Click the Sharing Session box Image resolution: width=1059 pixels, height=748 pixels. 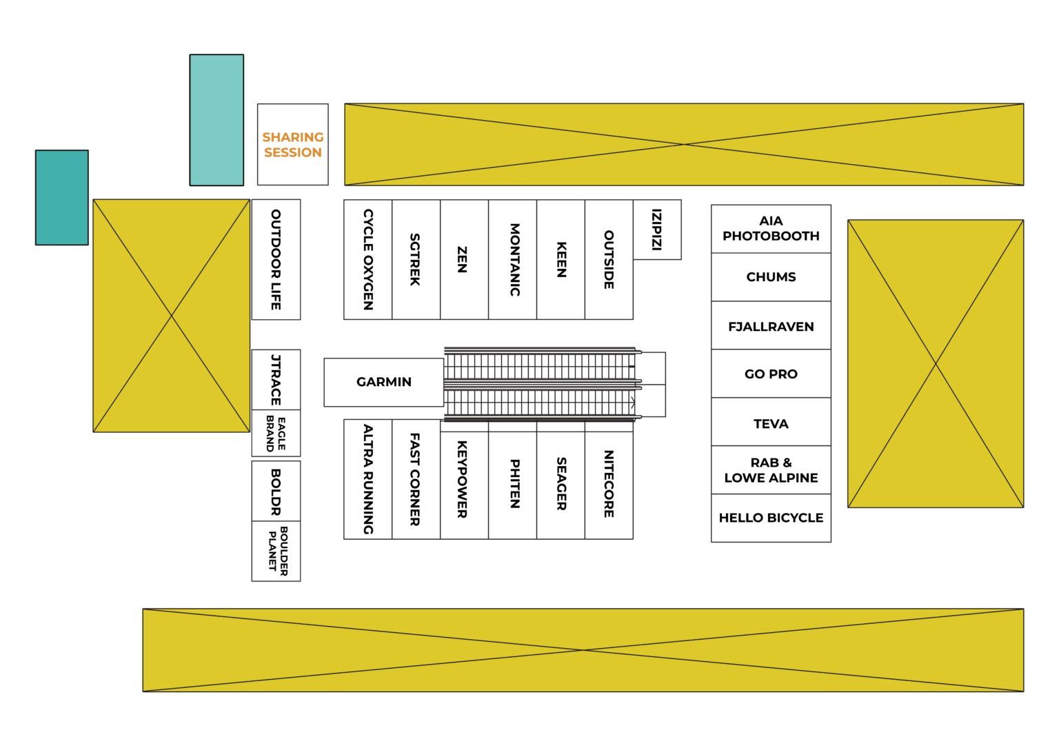(292, 144)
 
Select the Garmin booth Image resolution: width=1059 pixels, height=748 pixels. (383, 382)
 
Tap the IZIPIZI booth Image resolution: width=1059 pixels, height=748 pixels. (657, 230)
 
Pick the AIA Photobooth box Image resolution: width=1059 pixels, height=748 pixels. (771, 229)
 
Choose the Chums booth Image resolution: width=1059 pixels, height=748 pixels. (771, 277)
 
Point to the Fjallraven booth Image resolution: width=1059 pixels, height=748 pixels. (771, 325)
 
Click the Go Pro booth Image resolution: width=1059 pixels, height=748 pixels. (771, 374)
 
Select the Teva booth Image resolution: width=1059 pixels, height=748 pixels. (771, 422)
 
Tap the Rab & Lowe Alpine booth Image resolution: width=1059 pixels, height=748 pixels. (771, 470)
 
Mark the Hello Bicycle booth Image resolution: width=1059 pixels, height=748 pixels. (771, 518)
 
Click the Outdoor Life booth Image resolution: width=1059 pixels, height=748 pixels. (276, 260)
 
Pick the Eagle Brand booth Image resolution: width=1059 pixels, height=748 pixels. (276, 433)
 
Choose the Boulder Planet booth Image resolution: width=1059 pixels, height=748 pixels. (276, 551)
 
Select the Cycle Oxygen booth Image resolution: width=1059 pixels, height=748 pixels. (367, 260)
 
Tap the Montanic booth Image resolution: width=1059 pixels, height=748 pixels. (512, 260)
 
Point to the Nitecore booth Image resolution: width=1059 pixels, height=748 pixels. (609, 479)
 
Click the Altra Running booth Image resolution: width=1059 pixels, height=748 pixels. (367, 479)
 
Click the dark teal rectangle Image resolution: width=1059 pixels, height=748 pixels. (62, 198)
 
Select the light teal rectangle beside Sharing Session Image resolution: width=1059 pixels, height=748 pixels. (216, 120)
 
